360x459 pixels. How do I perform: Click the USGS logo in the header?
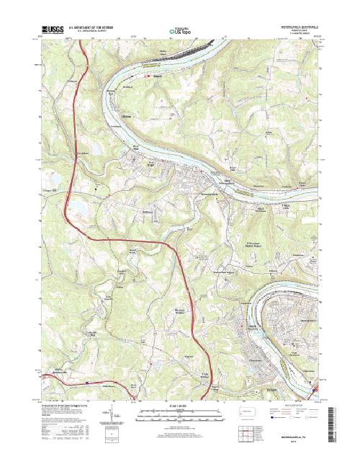[x=53, y=30]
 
